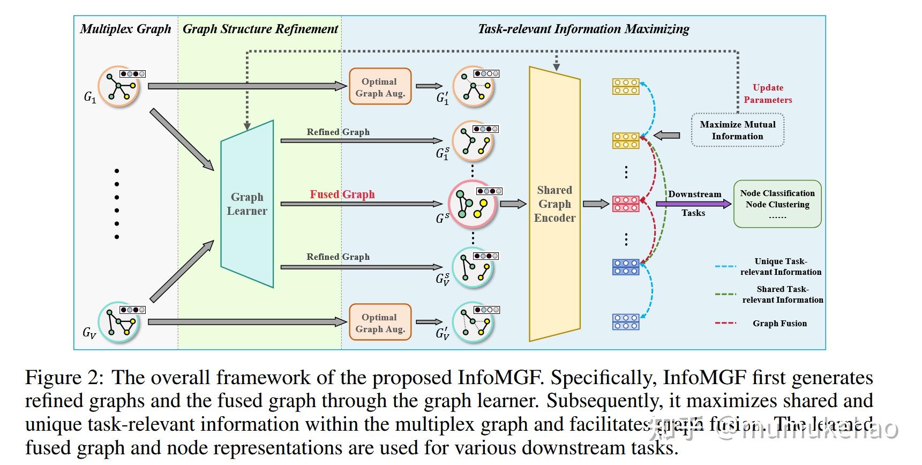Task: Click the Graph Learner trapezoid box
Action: pos(247,204)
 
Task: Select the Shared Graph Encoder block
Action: pos(554,204)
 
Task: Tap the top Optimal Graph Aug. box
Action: pos(380,87)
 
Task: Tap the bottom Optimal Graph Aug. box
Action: pos(380,322)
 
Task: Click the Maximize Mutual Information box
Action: pos(737,130)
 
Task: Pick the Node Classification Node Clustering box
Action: pos(777,204)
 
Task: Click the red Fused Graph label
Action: pos(342,194)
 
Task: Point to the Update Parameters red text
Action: pos(768,94)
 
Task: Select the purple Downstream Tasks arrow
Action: pos(693,204)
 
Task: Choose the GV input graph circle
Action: pos(119,322)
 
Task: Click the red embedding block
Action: pos(626,204)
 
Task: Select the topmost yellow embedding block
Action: pos(626,87)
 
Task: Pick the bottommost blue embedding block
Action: pos(626,322)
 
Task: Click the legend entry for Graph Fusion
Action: pos(779,324)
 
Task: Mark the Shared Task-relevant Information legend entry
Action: pos(782,295)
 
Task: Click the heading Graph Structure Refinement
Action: pos(260,29)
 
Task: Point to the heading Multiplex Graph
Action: pos(125,29)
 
